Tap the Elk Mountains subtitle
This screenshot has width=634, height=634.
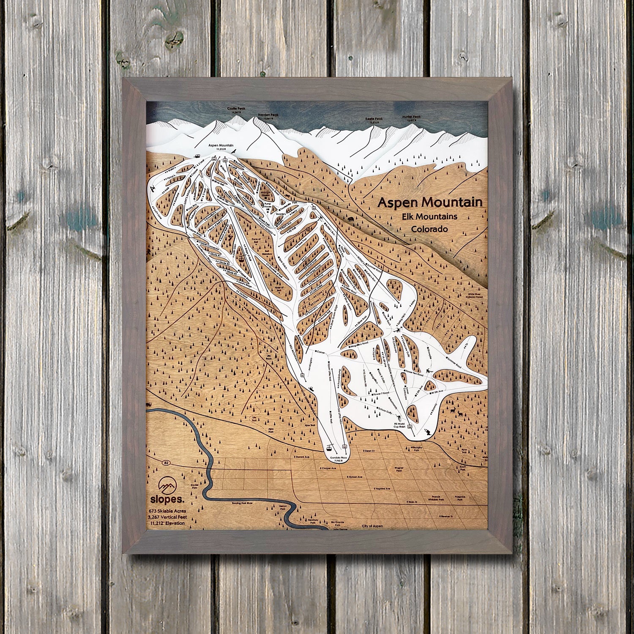[x=429, y=216]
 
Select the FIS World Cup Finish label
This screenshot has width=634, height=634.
[x=399, y=426]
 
